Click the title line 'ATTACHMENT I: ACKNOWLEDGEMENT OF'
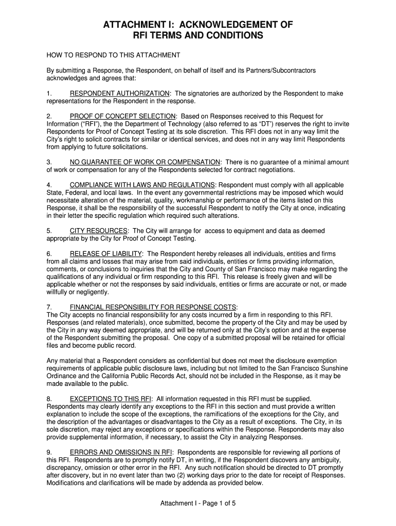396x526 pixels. point(198,25)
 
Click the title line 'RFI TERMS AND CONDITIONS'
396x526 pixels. point(198,36)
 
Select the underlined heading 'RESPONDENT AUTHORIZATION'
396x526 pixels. point(120,93)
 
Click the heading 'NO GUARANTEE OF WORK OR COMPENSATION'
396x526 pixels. point(145,162)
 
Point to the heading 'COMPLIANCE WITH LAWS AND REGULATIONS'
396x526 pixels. point(142,185)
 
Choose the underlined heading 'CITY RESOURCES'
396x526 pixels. point(99,231)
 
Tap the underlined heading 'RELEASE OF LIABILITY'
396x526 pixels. point(106,254)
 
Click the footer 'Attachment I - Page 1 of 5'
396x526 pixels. point(198,503)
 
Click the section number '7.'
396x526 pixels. point(49,307)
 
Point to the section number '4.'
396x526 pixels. point(49,185)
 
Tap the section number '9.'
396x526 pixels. point(49,452)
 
